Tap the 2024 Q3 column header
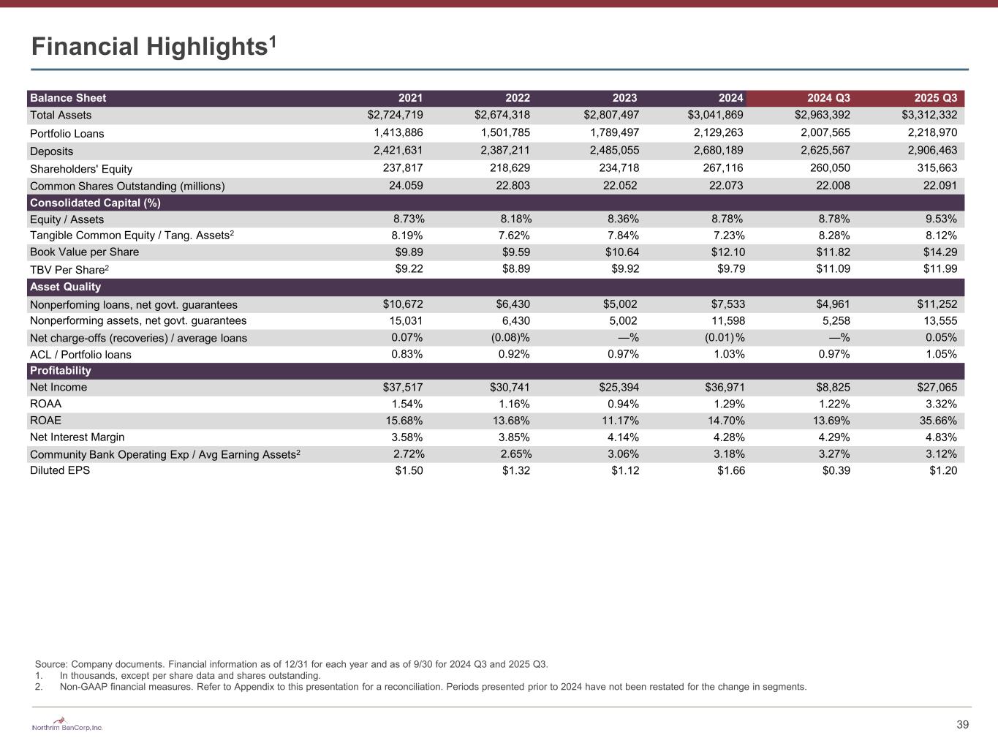point(828,98)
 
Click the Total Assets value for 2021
point(395,115)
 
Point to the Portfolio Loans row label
point(67,133)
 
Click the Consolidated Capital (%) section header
point(95,203)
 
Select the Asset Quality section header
point(65,287)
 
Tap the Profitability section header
point(60,371)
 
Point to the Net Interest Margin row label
point(77,437)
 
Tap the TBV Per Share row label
point(69,269)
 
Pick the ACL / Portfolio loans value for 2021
point(407,354)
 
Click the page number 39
point(962,725)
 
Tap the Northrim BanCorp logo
point(67,726)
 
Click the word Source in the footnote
point(50,664)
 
